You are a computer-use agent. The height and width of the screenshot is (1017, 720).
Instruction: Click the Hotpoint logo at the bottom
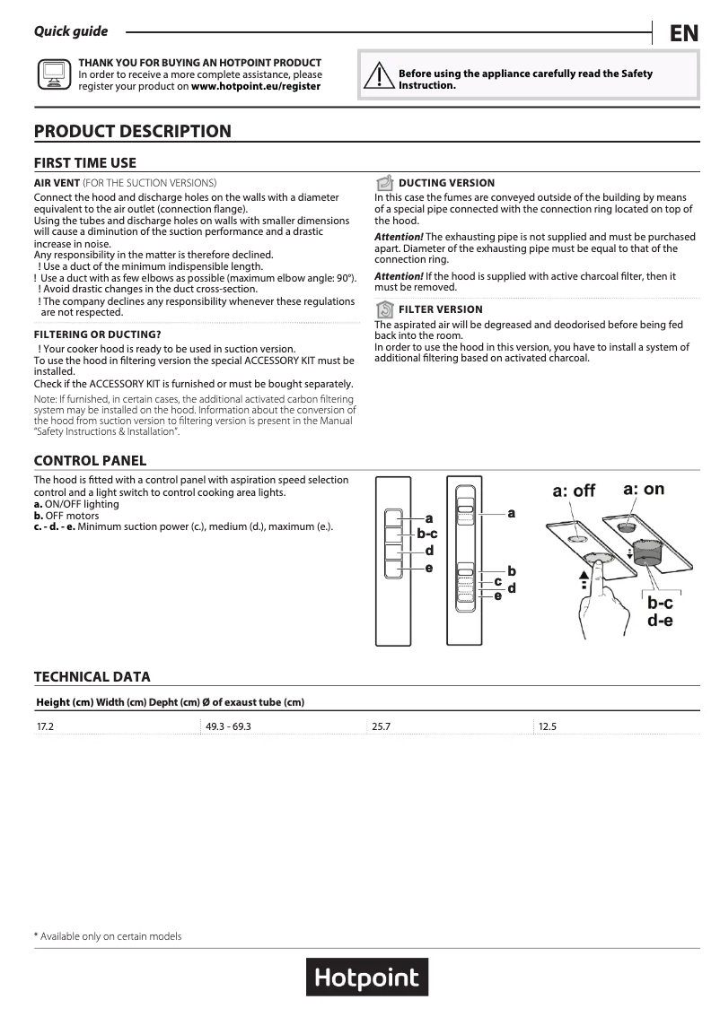tap(366, 977)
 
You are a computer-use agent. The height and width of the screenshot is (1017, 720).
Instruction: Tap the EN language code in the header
tap(683, 34)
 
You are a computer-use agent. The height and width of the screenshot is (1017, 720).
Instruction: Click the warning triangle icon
tap(381, 78)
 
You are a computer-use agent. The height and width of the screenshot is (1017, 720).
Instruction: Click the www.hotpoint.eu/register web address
tap(256, 86)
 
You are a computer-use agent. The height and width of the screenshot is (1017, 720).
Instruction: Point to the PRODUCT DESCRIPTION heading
tap(132, 132)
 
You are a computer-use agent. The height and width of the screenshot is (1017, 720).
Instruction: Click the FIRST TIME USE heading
tap(85, 163)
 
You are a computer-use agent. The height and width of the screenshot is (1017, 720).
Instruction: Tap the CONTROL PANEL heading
tap(90, 461)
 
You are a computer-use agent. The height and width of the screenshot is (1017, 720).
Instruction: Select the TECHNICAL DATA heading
tap(92, 677)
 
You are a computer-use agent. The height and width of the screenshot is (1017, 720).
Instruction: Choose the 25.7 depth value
tap(382, 726)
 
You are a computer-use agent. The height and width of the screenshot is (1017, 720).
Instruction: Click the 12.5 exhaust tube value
tap(548, 726)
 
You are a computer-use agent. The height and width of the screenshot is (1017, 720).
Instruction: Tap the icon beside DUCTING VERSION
tap(384, 183)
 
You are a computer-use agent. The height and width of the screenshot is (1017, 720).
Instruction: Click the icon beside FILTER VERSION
tap(384, 309)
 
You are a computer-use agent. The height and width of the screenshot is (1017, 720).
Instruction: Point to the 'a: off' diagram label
tap(574, 491)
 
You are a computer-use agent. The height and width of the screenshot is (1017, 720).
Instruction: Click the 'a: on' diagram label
tap(644, 489)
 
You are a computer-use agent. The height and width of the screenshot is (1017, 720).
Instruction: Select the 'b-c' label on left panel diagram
tap(426, 535)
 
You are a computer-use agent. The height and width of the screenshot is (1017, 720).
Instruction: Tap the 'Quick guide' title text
tap(71, 31)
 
